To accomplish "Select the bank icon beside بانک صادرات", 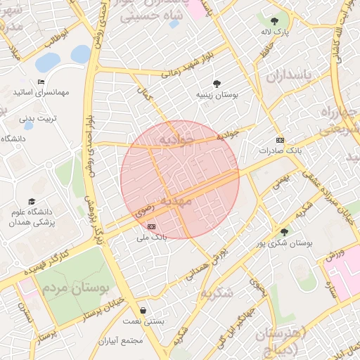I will coord(280,140).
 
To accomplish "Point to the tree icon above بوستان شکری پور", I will coord(284,231).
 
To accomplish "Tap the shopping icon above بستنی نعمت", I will coord(144,310).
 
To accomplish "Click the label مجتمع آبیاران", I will coord(121,341).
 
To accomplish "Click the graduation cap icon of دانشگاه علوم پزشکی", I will coord(30,202).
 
